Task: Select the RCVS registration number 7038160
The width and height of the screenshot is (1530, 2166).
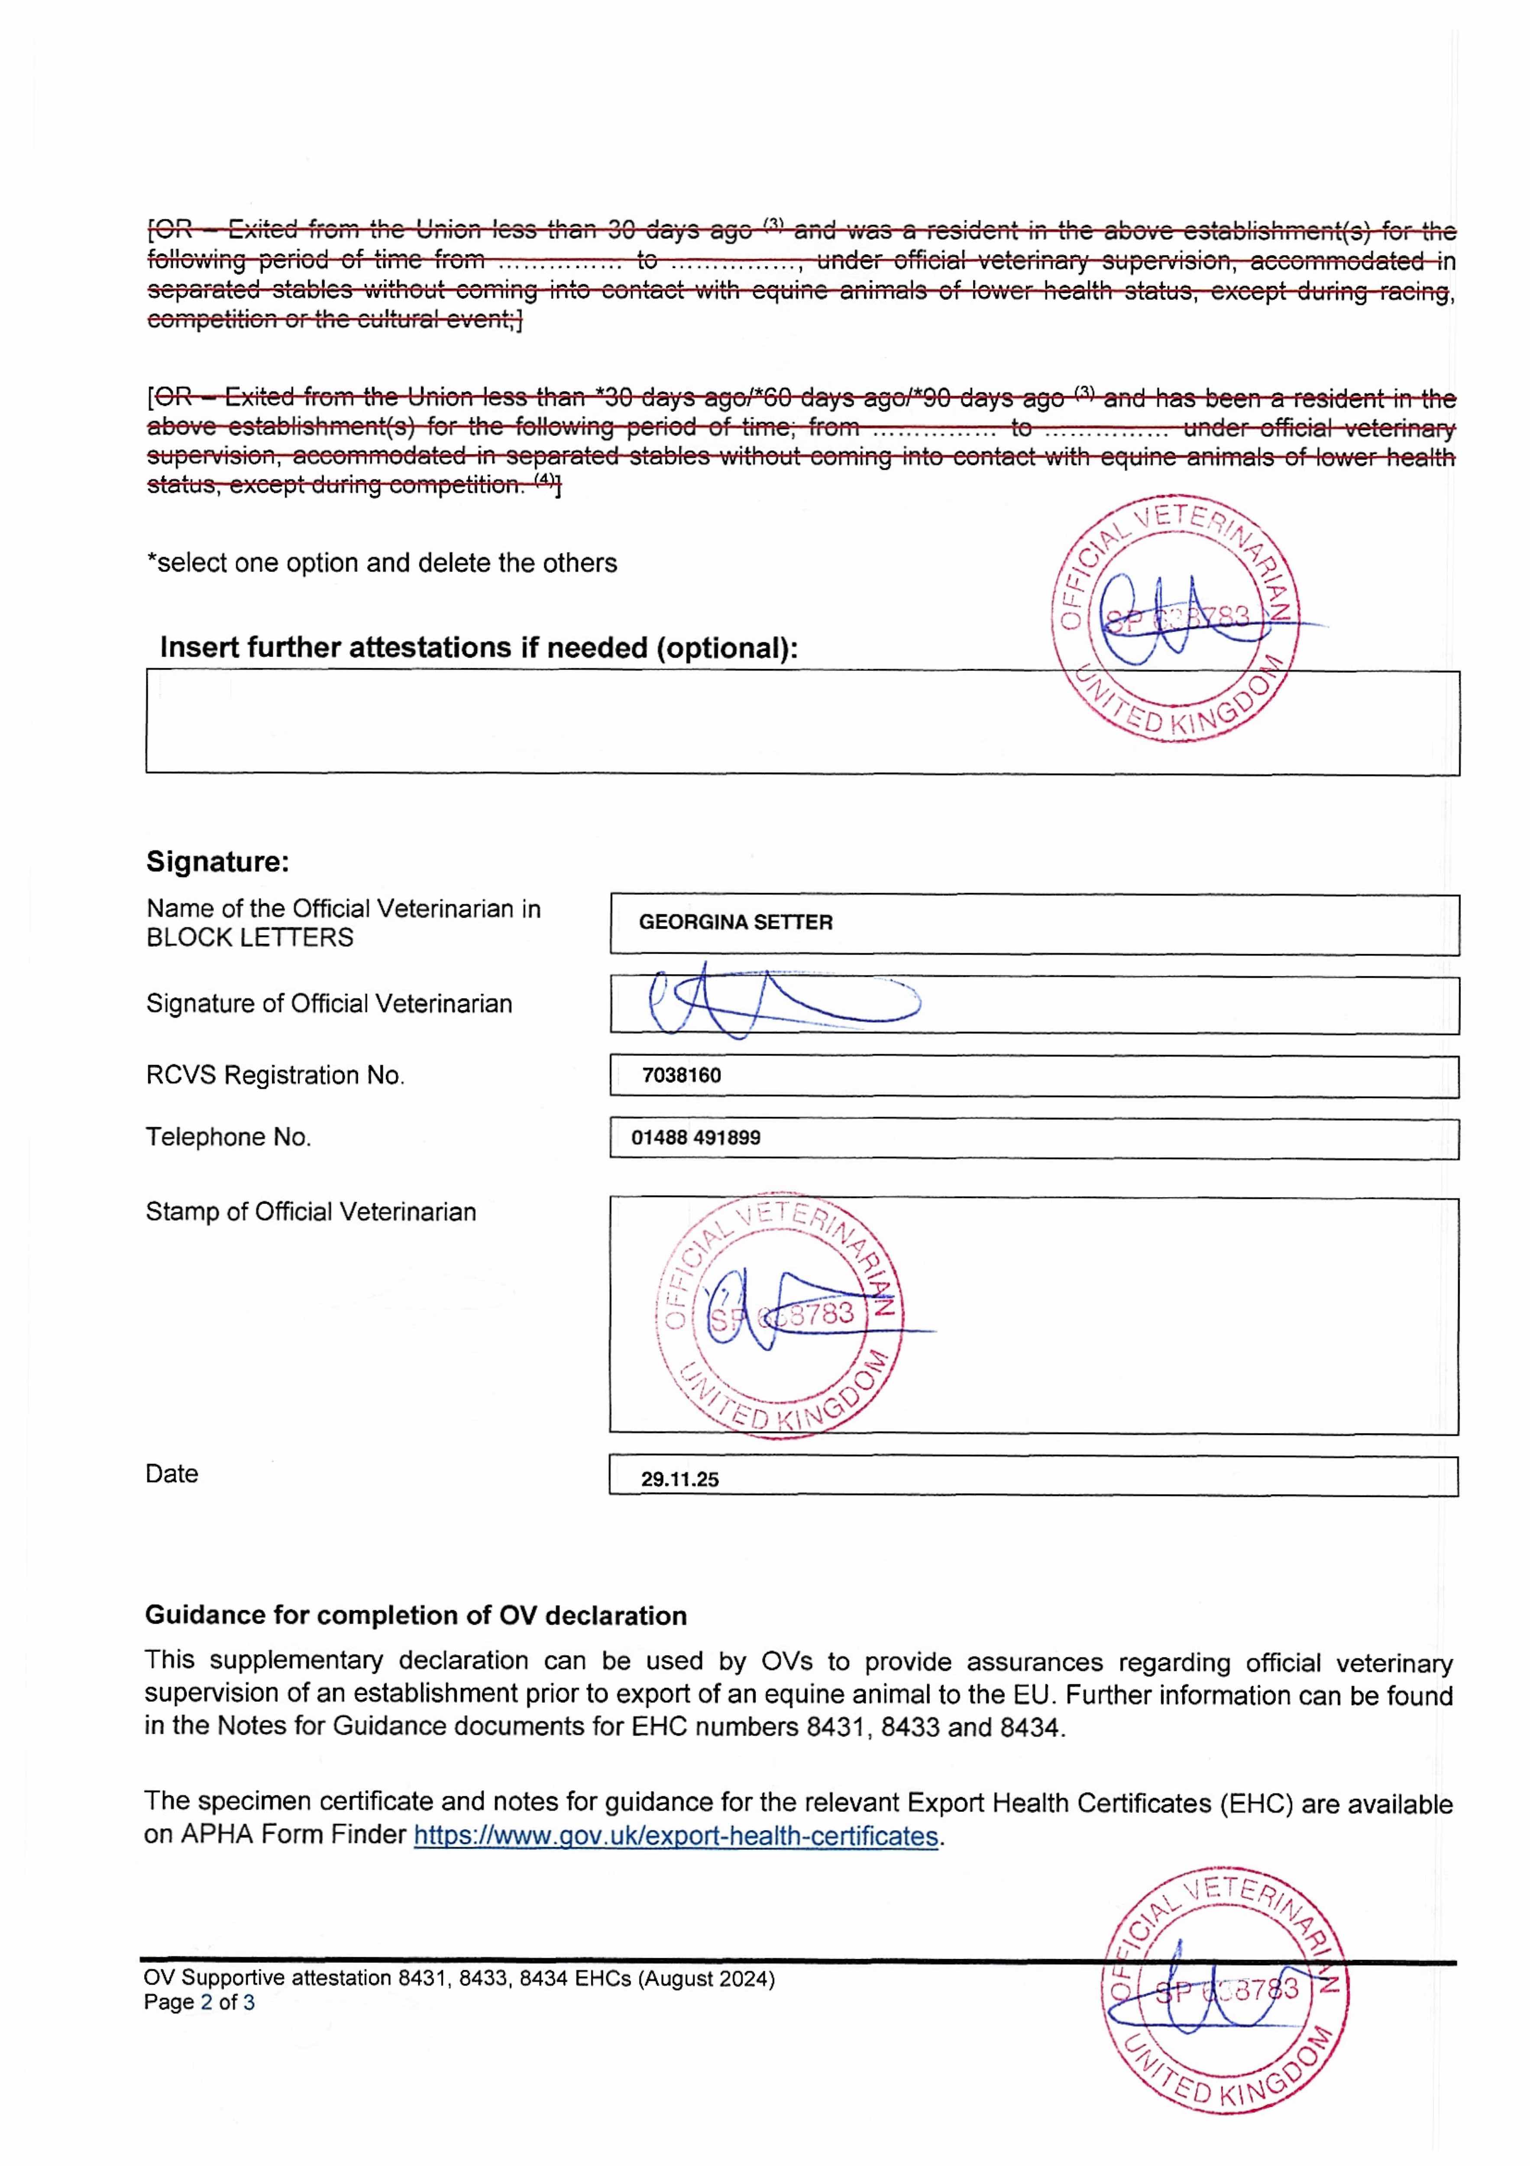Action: (681, 1076)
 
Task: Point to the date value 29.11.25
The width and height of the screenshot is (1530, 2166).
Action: (679, 1479)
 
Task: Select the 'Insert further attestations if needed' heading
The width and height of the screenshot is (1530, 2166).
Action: (478, 648)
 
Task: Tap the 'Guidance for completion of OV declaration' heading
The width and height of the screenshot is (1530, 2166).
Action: (415, 1616)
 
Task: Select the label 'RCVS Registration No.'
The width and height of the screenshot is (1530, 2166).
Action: (275, 1076)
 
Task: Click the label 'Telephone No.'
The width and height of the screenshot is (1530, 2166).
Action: (228, 1138)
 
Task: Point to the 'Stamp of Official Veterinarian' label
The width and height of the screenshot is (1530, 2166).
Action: (311, 1212)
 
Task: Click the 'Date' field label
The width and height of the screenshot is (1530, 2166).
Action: (171, 1475)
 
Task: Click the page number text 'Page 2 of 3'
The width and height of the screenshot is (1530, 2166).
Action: (199, 2003)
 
